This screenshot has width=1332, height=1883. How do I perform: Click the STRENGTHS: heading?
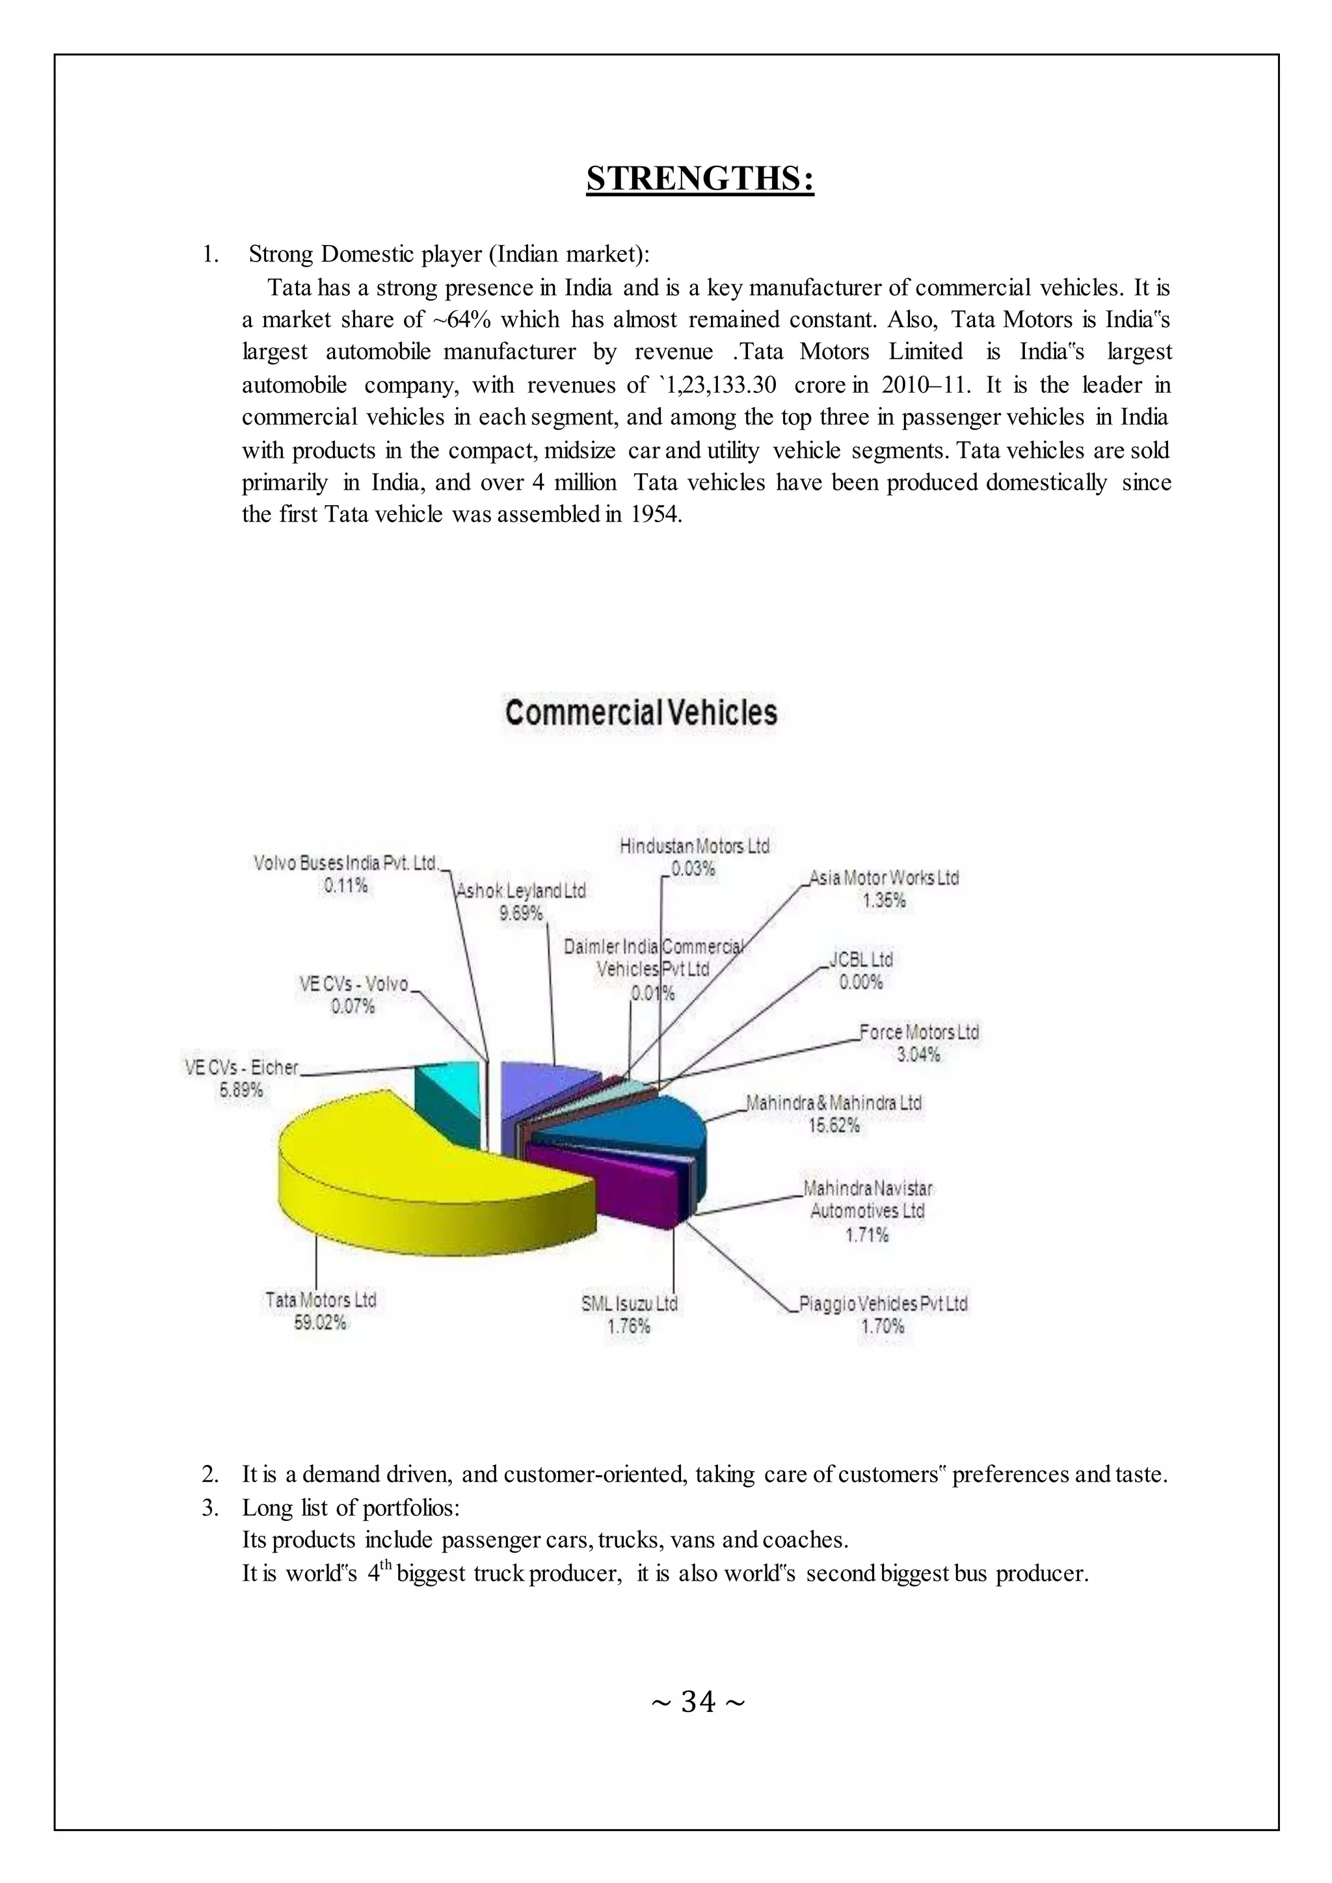click(x=700, y=178)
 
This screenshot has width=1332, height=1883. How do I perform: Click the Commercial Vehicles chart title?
click(x=641, y=712)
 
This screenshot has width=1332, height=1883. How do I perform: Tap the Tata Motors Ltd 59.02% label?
click(x=321, y=1311)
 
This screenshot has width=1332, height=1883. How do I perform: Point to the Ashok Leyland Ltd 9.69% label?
click(x=521, y=901)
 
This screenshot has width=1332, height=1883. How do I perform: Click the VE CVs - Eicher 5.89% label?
click(x=241, y=1077)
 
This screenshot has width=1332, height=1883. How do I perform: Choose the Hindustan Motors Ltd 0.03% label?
click(x=694, y=856)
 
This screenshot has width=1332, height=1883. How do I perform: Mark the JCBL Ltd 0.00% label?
click(x=860, y=969)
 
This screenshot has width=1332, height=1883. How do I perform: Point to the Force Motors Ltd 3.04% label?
click(x=918, y=1042)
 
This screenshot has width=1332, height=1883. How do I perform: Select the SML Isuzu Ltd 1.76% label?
click(x=629, y=1314)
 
